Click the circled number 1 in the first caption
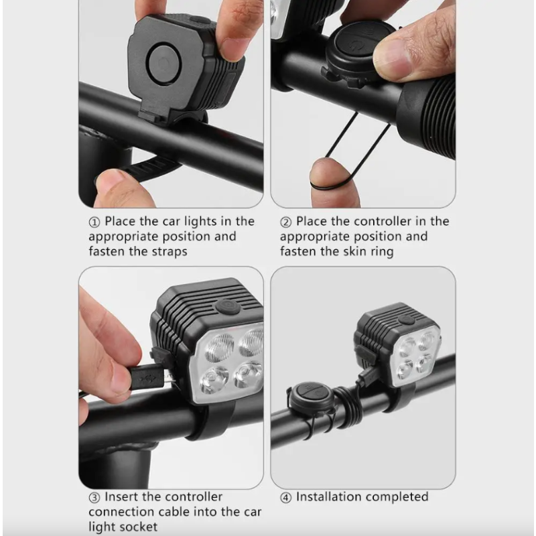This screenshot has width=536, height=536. click(94, 222)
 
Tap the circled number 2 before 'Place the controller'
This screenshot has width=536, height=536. click(286, 222)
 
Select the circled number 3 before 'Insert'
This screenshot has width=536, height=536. click(94, 497)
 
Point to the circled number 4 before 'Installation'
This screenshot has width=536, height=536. click(286, 497)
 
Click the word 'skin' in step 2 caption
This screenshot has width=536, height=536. click(351, 252)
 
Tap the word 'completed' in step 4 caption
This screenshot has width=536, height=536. click(395, 497)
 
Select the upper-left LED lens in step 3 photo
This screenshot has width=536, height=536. click(219, 346)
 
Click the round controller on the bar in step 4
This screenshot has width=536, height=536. click(310, 396)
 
